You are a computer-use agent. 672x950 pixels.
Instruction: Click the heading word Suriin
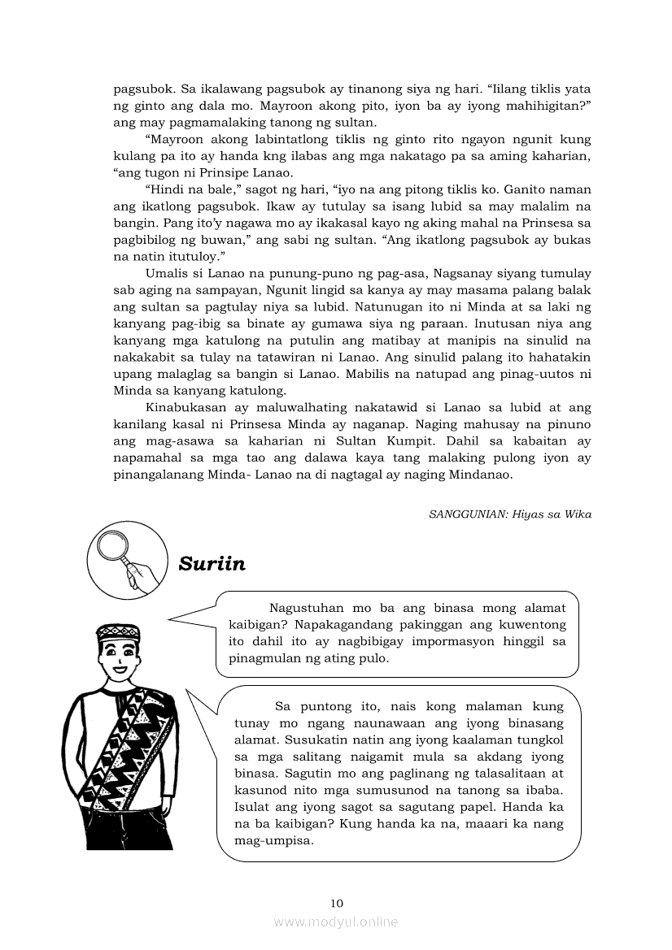pos(212,563)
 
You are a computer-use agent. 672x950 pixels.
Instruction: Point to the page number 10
pos(337,902)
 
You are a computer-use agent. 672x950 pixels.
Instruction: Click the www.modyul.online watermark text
pos(336,922)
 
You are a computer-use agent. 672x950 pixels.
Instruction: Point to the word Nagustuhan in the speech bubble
pos(307,607)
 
